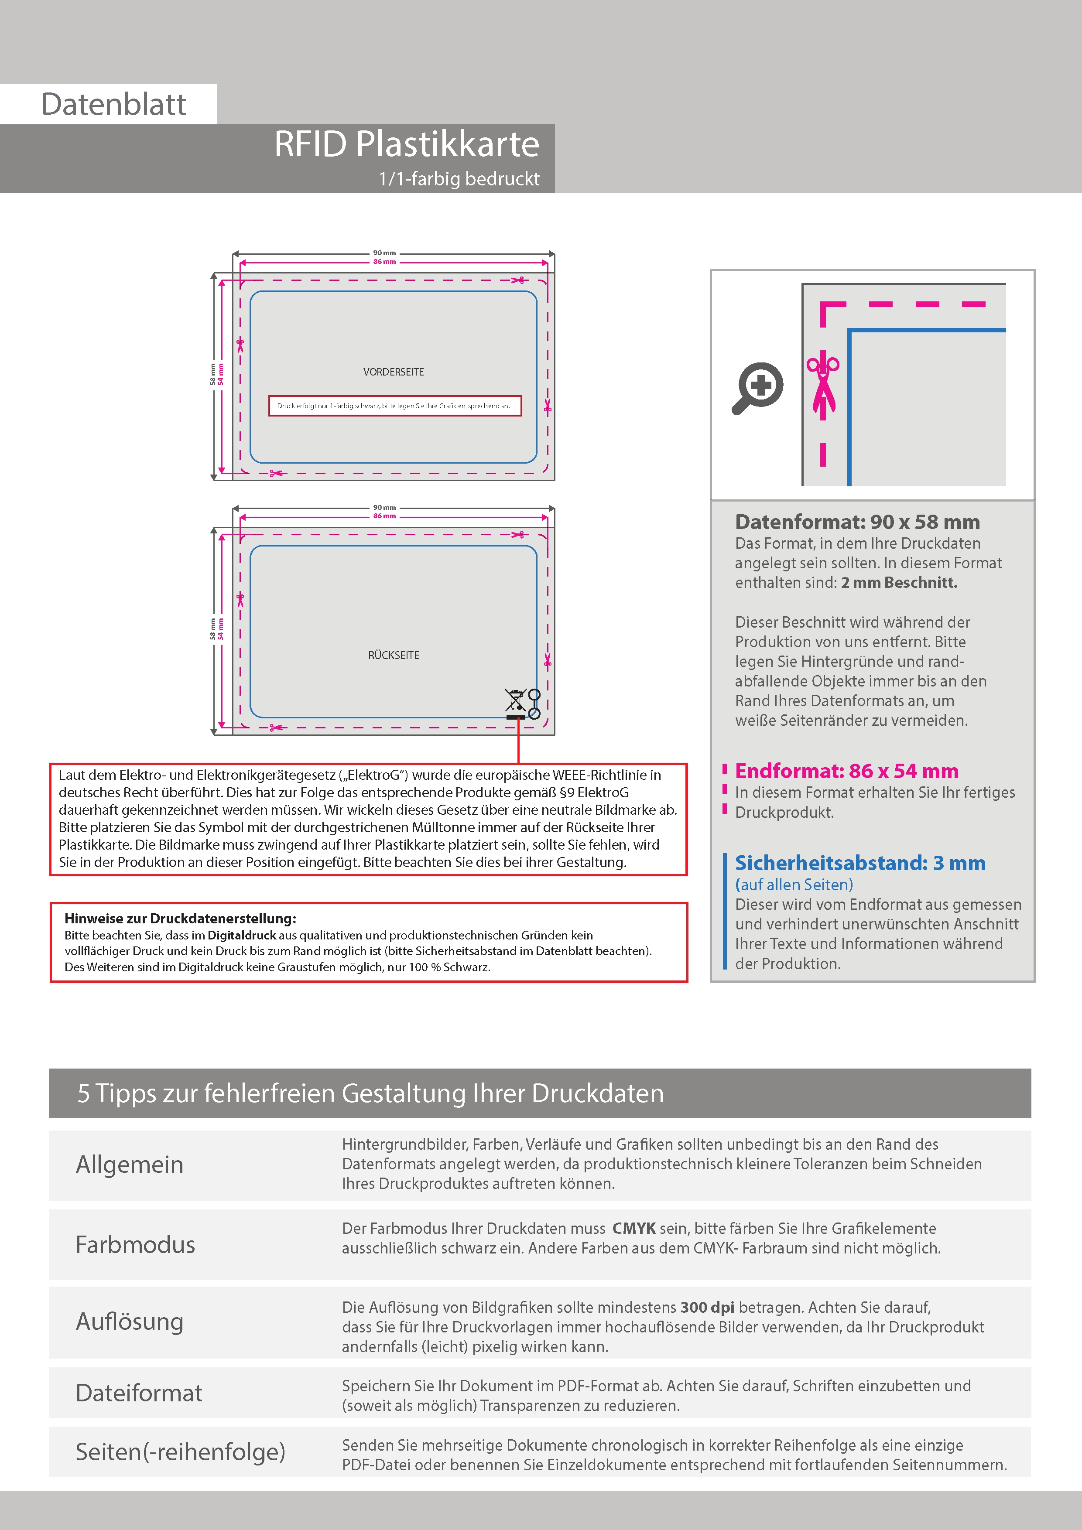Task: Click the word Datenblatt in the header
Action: click(113, 105)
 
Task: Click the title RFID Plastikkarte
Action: click(407, 144)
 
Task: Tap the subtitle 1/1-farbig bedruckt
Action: click(459, 178)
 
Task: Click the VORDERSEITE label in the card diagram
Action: click(394, 372)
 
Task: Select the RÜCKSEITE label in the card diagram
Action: click(394, 655)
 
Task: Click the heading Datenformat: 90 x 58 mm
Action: click(857, 522)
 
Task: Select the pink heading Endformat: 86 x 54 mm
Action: click(847, 771)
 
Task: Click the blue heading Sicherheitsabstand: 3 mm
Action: click(860, 863)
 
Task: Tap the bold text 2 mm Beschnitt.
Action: click(899, 582)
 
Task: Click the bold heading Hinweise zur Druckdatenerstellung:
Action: click(181, 918)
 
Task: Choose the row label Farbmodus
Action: click(135, 1245)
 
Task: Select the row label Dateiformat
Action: click(139, 1393)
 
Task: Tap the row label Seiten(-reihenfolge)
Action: click(180, 1451)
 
